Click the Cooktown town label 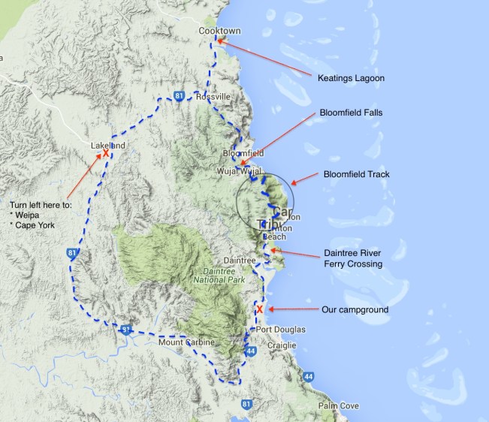[218, 31]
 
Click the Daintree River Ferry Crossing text [354, 258]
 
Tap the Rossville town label [213, 97]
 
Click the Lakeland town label [107, 144]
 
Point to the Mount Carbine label [186, 342]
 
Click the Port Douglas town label [280, 330]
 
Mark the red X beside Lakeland [106, 153]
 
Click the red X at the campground [260, 309]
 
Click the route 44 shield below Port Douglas [251, 351]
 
